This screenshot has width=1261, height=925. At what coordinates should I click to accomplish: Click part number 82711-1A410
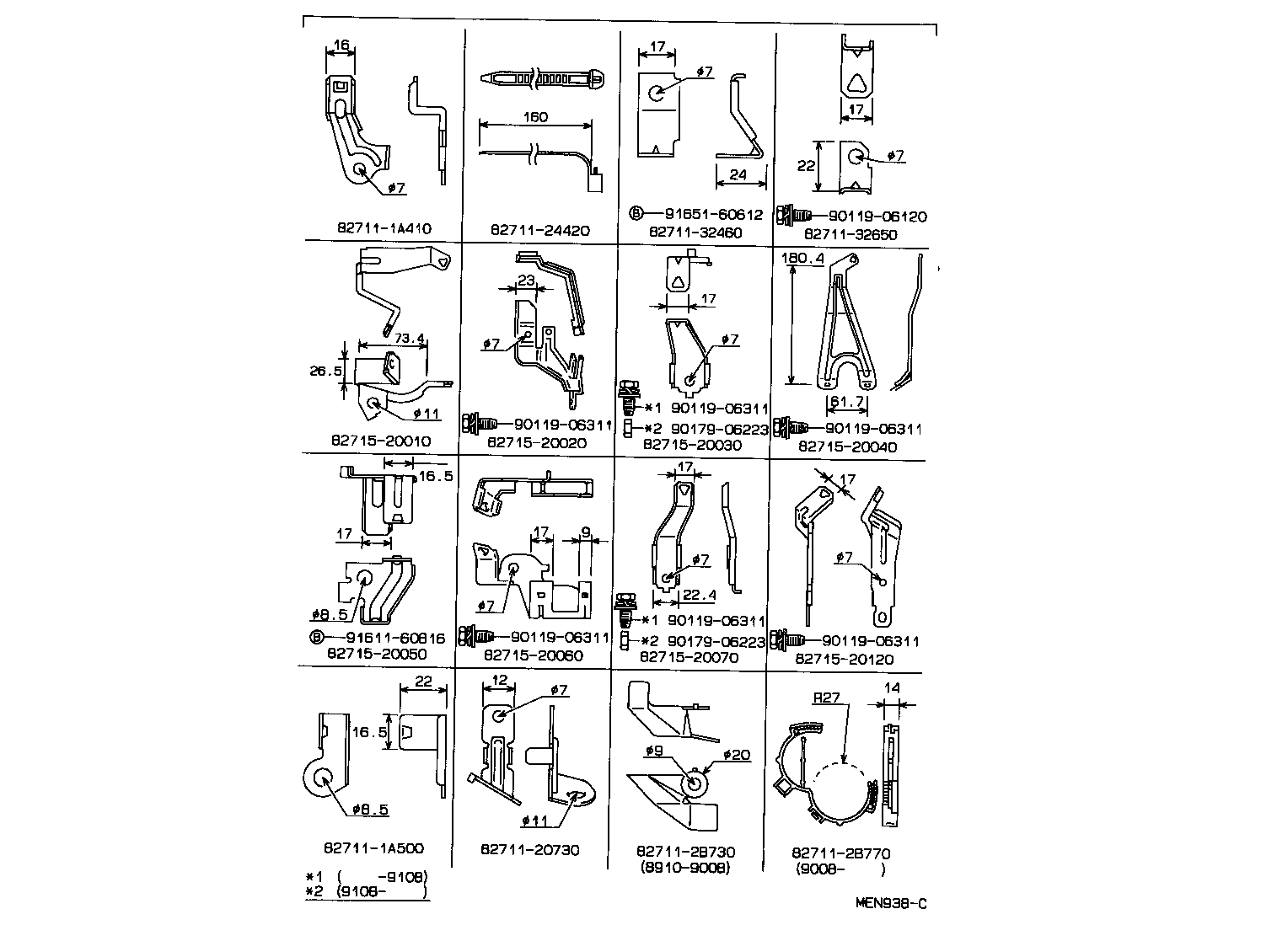[x=384, y=228]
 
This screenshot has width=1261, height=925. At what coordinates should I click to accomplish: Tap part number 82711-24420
[x=540, y=229]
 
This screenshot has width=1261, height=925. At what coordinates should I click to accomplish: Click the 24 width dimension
[x=739, y=175]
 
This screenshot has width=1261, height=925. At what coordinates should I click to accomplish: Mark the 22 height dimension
[x=806, y=166]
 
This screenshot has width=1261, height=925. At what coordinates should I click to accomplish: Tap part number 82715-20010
[x=381, y=441]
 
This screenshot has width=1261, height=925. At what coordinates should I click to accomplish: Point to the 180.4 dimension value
[x=803, y=259]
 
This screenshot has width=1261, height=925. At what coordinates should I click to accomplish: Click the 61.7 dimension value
[x=847, y=403]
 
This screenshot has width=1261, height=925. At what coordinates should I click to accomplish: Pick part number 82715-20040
[x=847, y=446]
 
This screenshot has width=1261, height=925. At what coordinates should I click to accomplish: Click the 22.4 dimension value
[x=699, y=596]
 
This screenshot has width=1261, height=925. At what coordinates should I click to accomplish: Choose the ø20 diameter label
[x=736, y=755]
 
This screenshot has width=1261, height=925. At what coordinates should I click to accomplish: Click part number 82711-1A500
[x=373, y=848]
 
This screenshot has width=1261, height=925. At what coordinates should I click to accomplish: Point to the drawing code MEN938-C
[x=891, y=904]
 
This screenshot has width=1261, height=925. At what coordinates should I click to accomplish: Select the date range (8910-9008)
[x=684, y=867]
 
